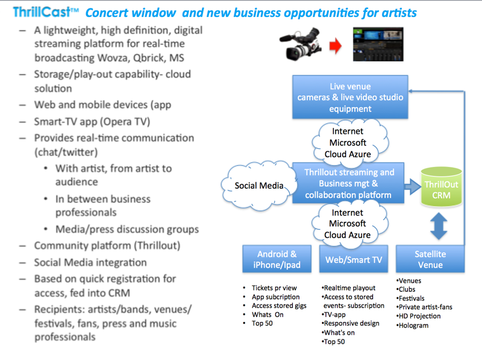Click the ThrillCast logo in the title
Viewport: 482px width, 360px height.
(46, 12)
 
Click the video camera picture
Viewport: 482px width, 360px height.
(300, 45)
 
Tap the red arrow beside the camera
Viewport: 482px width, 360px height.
(336, 46)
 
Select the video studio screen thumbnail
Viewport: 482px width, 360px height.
(378, 44)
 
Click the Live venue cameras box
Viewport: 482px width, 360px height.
(350, 97)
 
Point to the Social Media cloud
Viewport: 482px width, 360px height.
(259, 186)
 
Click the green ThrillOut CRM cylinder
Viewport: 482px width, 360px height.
(441, 186)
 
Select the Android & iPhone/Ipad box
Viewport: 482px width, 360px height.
(277, 259)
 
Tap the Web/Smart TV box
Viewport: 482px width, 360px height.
(354, 259)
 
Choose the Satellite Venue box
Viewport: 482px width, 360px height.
(430, 259)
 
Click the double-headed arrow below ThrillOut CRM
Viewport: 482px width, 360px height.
(439, 226)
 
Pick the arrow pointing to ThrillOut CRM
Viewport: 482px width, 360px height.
(413, 186)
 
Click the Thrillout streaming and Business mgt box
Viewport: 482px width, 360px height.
(348, 183)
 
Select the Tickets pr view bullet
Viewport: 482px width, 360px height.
(271, 288)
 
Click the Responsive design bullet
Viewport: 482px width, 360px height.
(351, 323)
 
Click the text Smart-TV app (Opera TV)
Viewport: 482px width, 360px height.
(92, 122)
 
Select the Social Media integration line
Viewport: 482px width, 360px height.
(90, 262)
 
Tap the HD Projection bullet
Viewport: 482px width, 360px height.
(418, 317)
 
